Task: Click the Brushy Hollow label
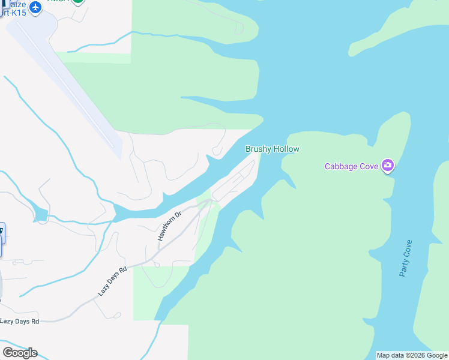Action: [x=272, y=149]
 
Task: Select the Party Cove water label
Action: [x=406, y=258]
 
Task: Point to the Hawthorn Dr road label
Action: [x=169, y=226]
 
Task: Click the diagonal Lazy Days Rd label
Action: [x=113, y=281]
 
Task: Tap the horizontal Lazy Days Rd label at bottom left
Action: [x=19, y=322]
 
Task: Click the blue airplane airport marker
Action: [x=35, y=8]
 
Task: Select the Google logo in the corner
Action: [x=20, y=352]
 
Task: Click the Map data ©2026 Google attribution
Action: [x=412, y=355]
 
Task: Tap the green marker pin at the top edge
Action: [x=78, y=2]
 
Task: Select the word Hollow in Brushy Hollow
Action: [x=286, y=149]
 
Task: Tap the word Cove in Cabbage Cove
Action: [x=369, y=166]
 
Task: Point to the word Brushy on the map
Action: [x=258, y=149]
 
